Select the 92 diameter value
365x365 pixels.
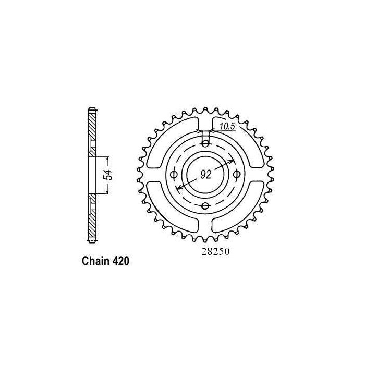click(204, 175)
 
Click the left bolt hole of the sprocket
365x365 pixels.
click(174, 173)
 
